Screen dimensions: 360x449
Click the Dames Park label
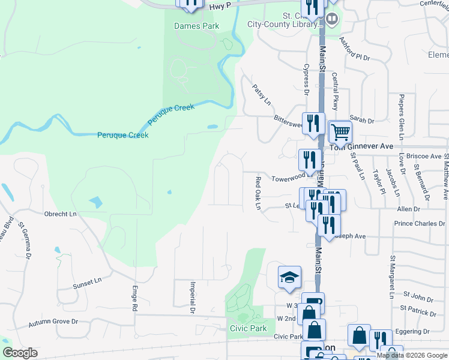[196, 26]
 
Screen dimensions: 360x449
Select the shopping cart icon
[340, 131]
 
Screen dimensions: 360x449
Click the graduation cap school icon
[289, 277]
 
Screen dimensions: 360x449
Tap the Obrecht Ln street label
[61, 214]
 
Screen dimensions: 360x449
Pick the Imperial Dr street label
[193, 298]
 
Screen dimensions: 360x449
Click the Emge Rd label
[135, 298]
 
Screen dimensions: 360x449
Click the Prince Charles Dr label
[420, 224]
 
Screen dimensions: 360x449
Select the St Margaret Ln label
[391, 277]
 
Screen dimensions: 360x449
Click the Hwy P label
[220, 5]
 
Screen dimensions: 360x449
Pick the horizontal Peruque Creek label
[122, 135]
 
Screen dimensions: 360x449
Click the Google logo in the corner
[19, 352]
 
